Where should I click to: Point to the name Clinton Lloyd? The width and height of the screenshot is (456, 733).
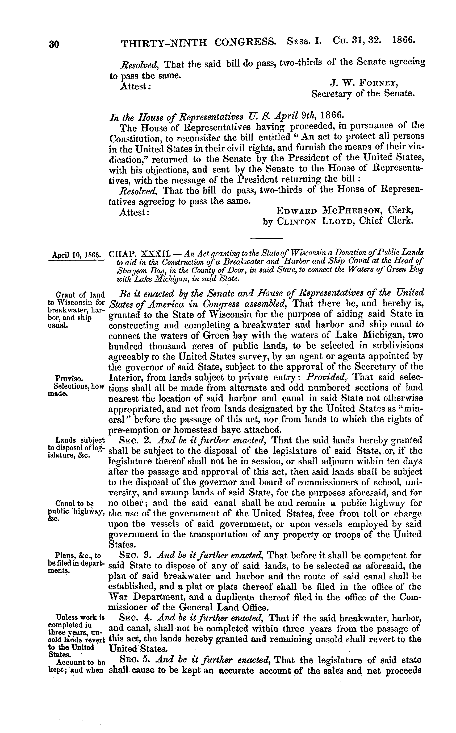(x=312, y=221)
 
